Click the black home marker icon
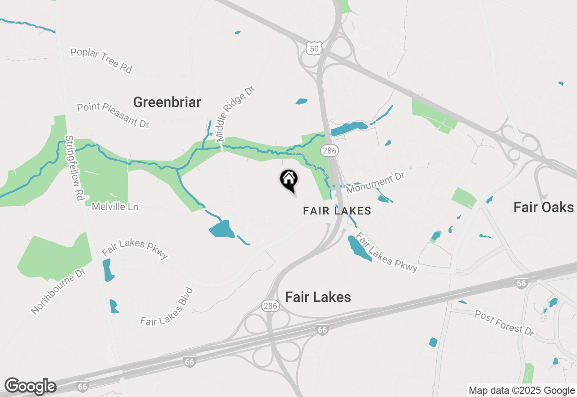coord(288,180)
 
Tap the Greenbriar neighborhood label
coord(167,102)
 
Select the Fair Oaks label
coord(543,207)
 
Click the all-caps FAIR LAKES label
coord(337,211)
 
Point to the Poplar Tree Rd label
coord(101,60)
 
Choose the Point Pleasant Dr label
coord(113,115)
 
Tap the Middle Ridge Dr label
coord(235,113)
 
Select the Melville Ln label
coord(115,207)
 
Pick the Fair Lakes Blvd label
coord(167,307)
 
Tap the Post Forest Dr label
coord(504,322)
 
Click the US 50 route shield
coord(314,48)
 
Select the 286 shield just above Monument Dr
coord(330,151)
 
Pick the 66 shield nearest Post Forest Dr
coord(521,283)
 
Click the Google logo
coord(30,386)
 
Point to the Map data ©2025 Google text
coord(522,391)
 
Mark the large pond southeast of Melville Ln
coord(222,230)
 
